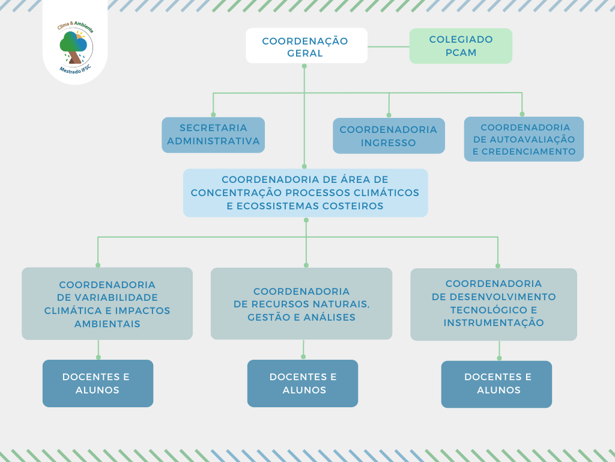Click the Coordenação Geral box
(x=306, y=46)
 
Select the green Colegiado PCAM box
(x=461, y=46)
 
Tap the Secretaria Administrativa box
(x=213, y=135)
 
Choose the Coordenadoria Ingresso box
(x=389, y=136)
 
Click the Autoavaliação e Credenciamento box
(x=524, y=139)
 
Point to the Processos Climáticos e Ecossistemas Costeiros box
(x=305, y=192)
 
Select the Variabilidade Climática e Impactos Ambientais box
(x=107, y=304)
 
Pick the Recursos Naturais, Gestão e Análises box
(x=301, y=304)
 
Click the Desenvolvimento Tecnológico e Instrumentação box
(x=494, y=304)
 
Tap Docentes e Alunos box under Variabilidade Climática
(x=97, y=384)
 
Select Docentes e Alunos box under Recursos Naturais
(x=303, y=384)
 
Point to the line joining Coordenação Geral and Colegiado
(x=389, y=46)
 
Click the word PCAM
(x=461, y=53)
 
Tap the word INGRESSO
(x=389, y=143)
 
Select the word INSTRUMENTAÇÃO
(x=494, y=323)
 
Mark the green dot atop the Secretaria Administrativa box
(x=213, y=114)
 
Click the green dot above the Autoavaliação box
(x=522, y=114)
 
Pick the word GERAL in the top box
(x=305, y=54)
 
